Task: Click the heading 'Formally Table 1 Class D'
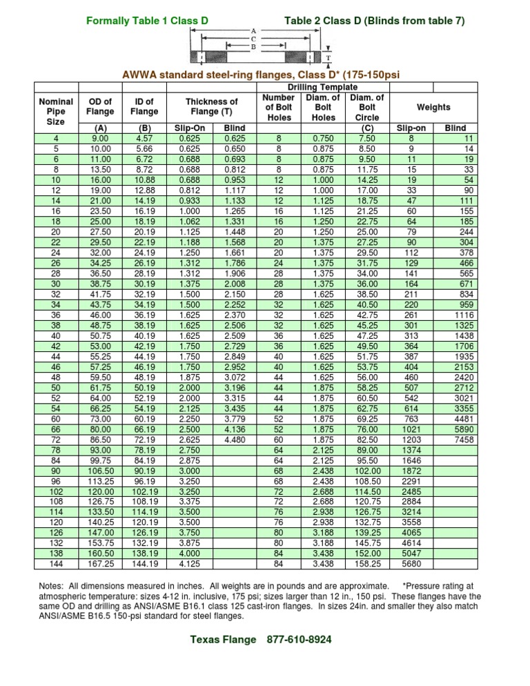[147, 21]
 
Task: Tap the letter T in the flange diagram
[328, 57]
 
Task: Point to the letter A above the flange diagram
[253, 31]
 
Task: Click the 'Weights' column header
[433, 107]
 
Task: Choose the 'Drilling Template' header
[322, 88]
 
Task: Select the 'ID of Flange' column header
[144, 107]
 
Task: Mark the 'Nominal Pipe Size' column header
[56, 111]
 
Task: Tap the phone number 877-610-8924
[299, 640]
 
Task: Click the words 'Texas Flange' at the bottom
[222, 640]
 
